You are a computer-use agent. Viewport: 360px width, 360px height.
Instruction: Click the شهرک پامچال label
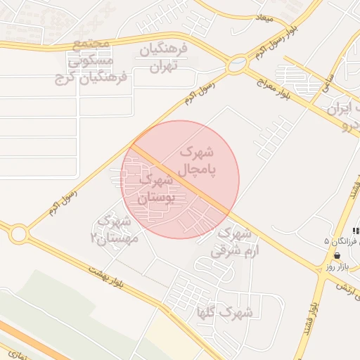pos(198,161)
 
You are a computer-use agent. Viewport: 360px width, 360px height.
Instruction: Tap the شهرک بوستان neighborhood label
pos(154,189)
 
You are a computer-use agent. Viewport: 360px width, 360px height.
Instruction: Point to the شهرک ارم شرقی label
pos(235,240)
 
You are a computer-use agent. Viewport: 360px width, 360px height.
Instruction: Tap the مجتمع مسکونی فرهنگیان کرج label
pos(91,63)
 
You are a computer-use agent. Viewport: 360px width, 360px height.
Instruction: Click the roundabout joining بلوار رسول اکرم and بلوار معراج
pos(238,65)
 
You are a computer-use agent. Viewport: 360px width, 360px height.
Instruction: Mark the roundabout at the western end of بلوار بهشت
pos(18,233)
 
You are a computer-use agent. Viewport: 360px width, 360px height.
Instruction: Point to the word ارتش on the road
pos(344,287)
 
